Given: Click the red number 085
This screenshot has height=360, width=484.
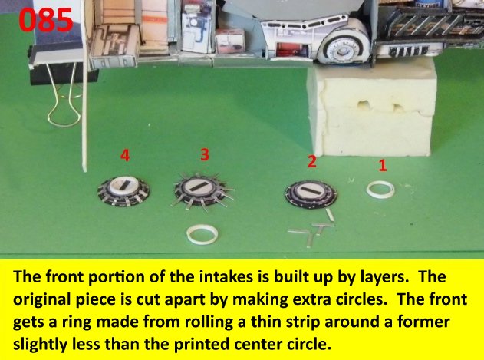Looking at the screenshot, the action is pos(46,20).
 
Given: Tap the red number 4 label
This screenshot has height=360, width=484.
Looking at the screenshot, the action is pos(125,155).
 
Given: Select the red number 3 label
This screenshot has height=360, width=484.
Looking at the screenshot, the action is pos(205,154).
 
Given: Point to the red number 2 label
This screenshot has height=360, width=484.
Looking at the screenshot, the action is pos(311,161).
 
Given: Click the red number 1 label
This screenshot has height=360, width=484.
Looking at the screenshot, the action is pos(383,165).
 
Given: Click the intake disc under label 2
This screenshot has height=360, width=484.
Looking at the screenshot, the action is pos(311,194).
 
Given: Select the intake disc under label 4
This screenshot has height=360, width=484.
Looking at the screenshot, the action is pos(123,190).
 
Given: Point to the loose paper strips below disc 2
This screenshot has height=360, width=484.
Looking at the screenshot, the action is pos(314,229).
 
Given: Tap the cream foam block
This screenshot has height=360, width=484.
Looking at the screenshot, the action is pos(372,107).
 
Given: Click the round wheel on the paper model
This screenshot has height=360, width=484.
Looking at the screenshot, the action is pos(343,49).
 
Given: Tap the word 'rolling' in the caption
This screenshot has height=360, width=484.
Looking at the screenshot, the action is pos(209,322).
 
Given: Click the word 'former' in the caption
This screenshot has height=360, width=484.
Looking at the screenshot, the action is pos(423,322).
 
